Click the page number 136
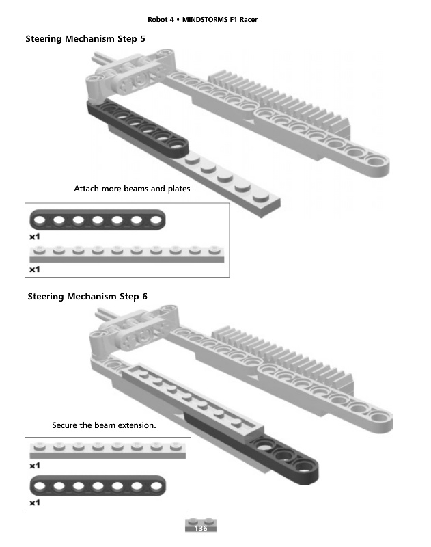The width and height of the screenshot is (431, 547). (x=201, y=529)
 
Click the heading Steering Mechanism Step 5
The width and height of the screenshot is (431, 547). (x=85, y=39)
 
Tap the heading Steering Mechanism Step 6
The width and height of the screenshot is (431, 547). (x=87, y=296)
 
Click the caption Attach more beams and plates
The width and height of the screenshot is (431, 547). (x=133, y=188)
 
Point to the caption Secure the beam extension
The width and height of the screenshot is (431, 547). (x=104, y=425)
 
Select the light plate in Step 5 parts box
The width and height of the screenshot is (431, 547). (x=127, y=255)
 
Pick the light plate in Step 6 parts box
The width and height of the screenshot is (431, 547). (x=108, y=451)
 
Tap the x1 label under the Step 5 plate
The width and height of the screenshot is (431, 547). (x=34, y=269)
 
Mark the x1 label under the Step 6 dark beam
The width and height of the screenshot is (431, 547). (x=35, y=503)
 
